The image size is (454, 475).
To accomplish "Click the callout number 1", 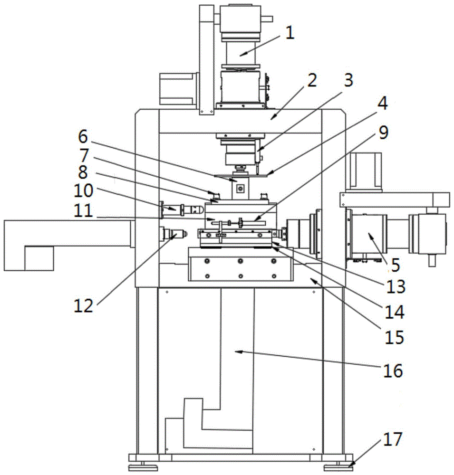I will coord(290,33).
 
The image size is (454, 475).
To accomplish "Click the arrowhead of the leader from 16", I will coord(236,351).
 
